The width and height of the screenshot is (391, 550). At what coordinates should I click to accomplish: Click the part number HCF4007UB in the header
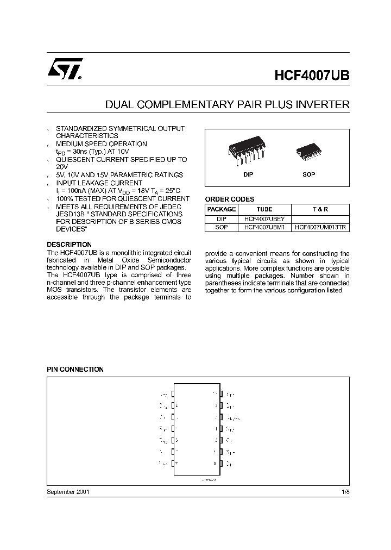[311, 76]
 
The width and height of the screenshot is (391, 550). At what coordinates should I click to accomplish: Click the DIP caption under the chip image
[248, 174]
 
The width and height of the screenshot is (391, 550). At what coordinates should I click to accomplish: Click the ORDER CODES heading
[229, 199]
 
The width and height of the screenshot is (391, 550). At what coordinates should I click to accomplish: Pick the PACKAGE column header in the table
[222, 209]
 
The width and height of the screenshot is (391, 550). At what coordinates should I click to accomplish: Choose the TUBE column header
[264, 209]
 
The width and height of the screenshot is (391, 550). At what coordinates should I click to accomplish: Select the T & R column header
[320, 209]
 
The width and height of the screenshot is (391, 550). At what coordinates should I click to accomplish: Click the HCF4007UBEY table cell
[264, 218]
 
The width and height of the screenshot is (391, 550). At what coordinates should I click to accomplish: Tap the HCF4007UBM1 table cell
[264, 228]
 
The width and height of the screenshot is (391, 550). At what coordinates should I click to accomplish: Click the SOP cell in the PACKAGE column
[222, 228]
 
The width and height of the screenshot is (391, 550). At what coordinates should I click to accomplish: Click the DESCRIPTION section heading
[69, 245]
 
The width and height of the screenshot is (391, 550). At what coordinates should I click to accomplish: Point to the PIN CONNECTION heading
[75, 369]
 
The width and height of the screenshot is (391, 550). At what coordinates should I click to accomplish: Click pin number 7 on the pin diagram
[177, 464]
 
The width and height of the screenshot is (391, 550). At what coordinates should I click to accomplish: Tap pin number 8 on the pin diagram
[215, 464]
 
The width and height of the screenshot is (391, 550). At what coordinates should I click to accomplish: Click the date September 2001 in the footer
[68, 491]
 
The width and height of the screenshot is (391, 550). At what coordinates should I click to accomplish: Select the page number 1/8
[345, 491]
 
